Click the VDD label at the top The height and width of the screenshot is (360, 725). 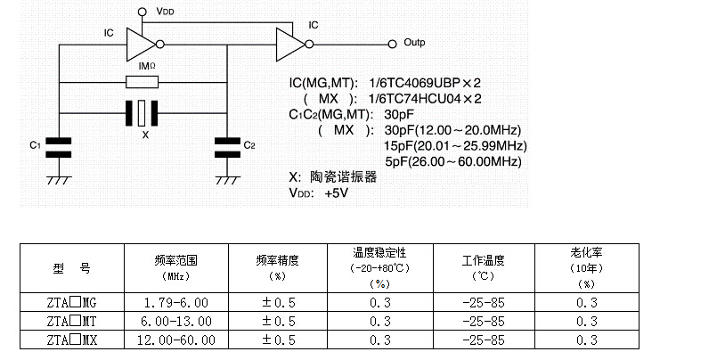(166, 12)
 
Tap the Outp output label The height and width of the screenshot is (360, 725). (414, 42)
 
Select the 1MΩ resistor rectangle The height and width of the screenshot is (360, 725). (143, 83)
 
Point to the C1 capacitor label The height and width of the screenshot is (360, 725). (35, 145)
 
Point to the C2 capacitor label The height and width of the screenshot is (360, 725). (249, 145)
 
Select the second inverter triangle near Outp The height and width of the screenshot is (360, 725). (289, 42)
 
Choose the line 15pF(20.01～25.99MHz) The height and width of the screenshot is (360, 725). (455, 145)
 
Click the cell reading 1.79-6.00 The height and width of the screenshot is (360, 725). (175, 303)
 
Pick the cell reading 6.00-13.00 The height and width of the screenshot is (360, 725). (175, 322)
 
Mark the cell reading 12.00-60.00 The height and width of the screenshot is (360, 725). (175, 340)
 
